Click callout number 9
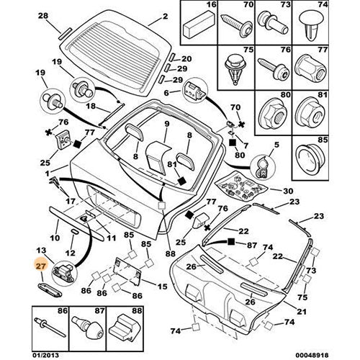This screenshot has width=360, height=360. [x=165, y=123]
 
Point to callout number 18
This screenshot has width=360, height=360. [x=89, y=106]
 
